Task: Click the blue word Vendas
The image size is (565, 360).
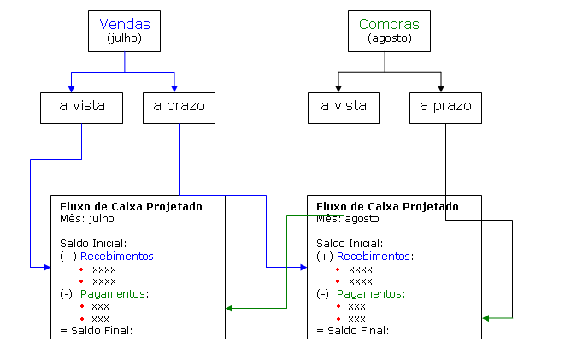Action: [x=125, y=25]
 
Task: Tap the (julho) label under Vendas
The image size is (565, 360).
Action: [x=125, y=38]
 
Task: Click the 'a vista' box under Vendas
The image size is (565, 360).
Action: [x=81, y=107]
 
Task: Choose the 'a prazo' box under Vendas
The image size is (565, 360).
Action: [x=179, y=107]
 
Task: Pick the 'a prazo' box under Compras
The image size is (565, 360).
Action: [x=445, y=107]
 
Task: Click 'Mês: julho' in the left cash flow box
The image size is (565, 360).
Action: [x=88, y=219]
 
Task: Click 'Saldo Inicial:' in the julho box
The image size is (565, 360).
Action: [x=93, y=243]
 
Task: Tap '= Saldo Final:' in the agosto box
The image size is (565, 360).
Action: [x=352, y=330]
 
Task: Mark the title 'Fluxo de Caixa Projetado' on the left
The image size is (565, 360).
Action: [x=131, y=206]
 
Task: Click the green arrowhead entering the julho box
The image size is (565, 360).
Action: [x=230, y=308]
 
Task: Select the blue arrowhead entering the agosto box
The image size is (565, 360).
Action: [x=303, y=268]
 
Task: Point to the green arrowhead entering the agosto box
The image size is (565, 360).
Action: [x=486, y=318]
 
